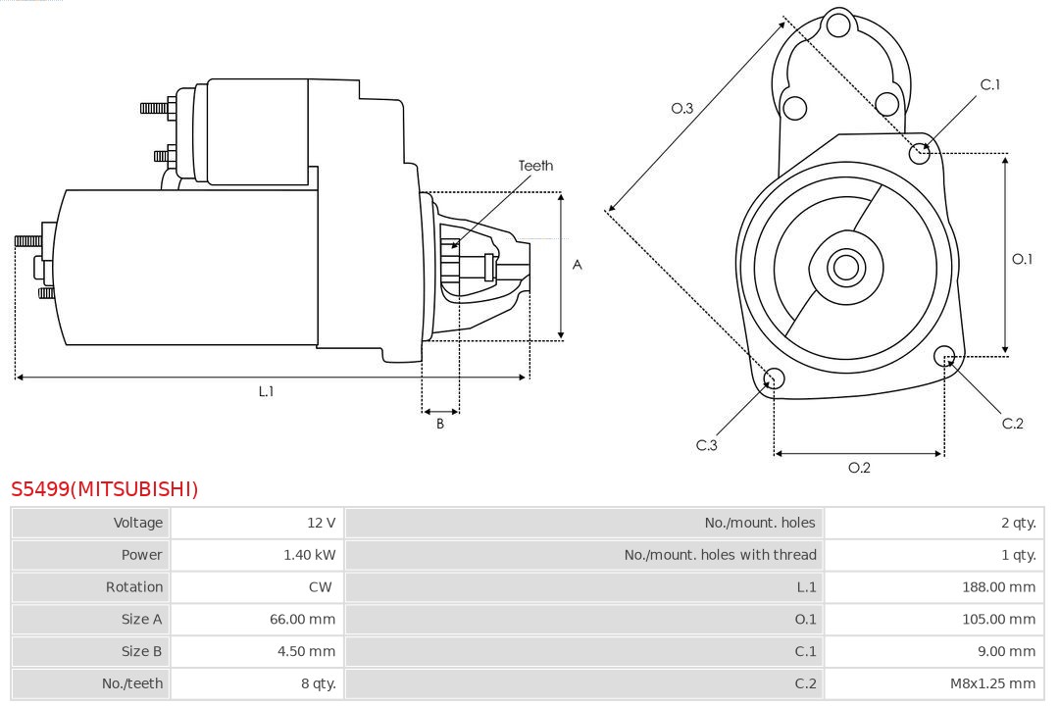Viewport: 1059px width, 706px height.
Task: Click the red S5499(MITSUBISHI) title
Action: (x=104, y=488)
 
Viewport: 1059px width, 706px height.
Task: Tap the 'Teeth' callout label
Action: (x=535, y=166)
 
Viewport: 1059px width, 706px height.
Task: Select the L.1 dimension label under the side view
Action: (x=266, y=391)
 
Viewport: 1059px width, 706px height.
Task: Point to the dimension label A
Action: (x=577, y=265)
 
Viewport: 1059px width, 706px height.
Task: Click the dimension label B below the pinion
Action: (x=440, y=424)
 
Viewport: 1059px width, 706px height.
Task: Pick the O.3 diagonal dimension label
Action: (x=682, y=108)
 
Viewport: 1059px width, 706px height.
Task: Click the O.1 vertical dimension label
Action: (x=1022, y=259)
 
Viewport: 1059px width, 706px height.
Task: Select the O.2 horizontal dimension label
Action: (x=859, y=468)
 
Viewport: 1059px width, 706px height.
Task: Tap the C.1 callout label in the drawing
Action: (x=990, y=84)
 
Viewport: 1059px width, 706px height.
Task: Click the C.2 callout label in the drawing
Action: (x=1012, y=423)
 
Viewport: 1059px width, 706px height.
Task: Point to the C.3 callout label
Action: (x=707, y=445)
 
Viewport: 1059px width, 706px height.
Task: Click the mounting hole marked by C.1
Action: (x=920, y=152)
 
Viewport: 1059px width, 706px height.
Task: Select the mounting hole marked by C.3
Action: (x=774, y=379)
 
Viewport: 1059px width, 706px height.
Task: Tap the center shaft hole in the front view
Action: (x=844, y=267)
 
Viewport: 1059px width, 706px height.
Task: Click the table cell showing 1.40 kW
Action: (x=309, y=555)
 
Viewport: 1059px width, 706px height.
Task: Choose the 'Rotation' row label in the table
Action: (x=134, y=586)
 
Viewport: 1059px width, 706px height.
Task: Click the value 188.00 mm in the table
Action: (x=998, y=586)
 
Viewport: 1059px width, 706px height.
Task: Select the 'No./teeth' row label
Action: (x=132, y=683)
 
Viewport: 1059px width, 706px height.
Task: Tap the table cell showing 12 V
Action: (x=321, y=523)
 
